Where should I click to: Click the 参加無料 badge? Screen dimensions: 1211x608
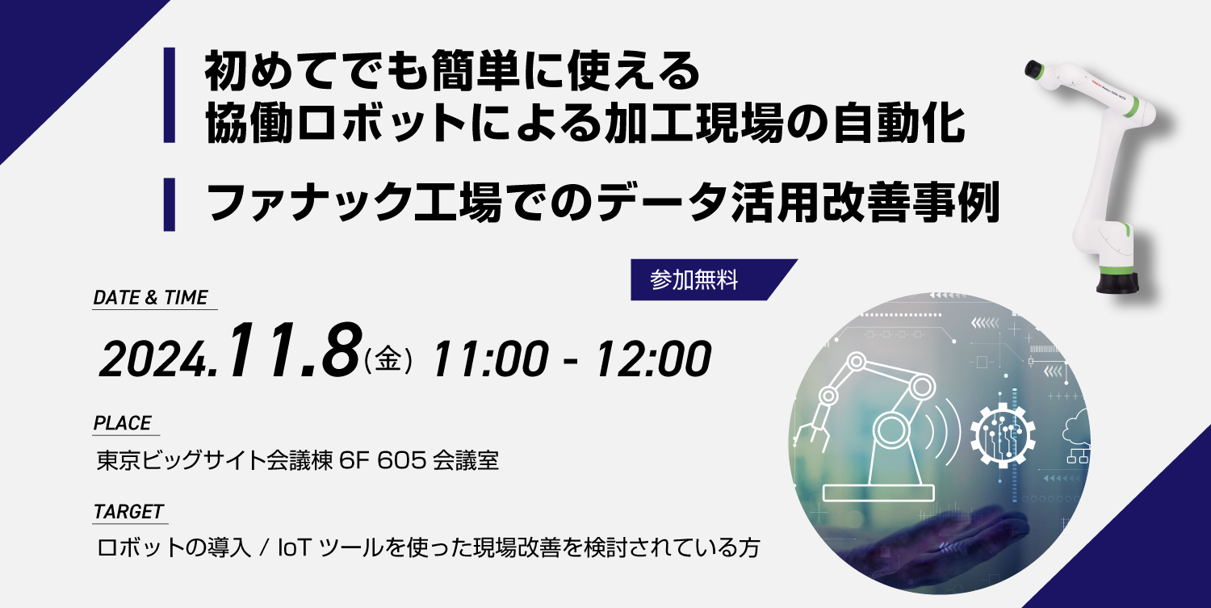pos(708,279)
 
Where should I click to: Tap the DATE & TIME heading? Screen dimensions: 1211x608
pos(150,297)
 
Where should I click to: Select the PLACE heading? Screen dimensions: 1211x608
pos(122,423)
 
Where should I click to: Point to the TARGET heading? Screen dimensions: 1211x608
pos(128,512)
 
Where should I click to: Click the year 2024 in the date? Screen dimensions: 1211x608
pos(157,359)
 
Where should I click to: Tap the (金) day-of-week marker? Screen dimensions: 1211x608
pos(388,359)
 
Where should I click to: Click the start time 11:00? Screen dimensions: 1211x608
pos(490,358)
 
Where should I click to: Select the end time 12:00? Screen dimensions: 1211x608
pos(652,358)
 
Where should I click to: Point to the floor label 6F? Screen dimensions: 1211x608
pos(354,460)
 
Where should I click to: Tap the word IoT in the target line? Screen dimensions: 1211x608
pos(294,548)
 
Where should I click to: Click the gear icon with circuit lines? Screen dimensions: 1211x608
pos(1003,434)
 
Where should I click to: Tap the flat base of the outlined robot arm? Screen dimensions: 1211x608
pos(878,493)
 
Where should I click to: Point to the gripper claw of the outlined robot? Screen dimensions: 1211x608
pos(811,435)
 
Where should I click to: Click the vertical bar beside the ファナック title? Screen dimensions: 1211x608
pos(170,204)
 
